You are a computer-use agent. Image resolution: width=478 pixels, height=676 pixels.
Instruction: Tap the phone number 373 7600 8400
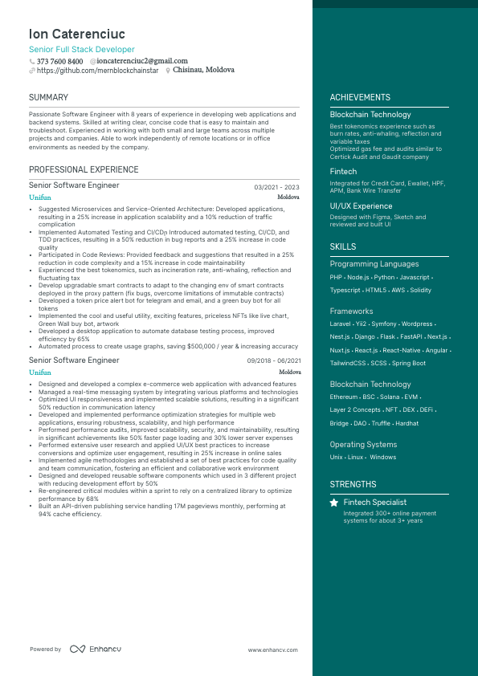click(59, 61)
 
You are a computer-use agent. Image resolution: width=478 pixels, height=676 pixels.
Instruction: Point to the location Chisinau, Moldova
click(203, 71)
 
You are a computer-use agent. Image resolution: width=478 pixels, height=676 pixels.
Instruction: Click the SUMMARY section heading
click(48, 98)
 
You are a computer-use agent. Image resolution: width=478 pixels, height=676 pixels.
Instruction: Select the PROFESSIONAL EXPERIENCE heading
click(84, 170)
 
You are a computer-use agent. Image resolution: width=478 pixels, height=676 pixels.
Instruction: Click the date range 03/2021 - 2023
click(276, 187)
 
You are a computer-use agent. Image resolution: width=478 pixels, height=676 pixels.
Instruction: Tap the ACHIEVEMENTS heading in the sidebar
click(360, 98)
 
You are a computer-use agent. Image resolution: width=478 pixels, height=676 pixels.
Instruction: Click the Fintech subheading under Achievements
click(343, 172)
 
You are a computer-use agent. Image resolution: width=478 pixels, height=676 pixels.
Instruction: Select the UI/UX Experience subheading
click(361, 206)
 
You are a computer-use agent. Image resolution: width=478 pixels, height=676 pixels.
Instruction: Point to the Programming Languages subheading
click(374, 264)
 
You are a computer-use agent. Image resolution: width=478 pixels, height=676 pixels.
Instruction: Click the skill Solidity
click(421, 290)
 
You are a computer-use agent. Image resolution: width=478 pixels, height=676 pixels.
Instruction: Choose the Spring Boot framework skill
click(409, 363)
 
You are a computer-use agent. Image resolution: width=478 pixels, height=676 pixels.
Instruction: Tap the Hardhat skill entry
click(407, 423)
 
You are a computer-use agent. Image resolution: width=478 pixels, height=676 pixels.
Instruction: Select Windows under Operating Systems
click(383, 458)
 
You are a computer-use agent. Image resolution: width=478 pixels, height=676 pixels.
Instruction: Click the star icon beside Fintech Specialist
click(334, 503)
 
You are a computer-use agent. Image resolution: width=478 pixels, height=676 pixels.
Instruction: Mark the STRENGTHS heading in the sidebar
click(353, 485)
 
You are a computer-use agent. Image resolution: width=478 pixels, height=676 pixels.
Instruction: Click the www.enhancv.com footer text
click(272, 650)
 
